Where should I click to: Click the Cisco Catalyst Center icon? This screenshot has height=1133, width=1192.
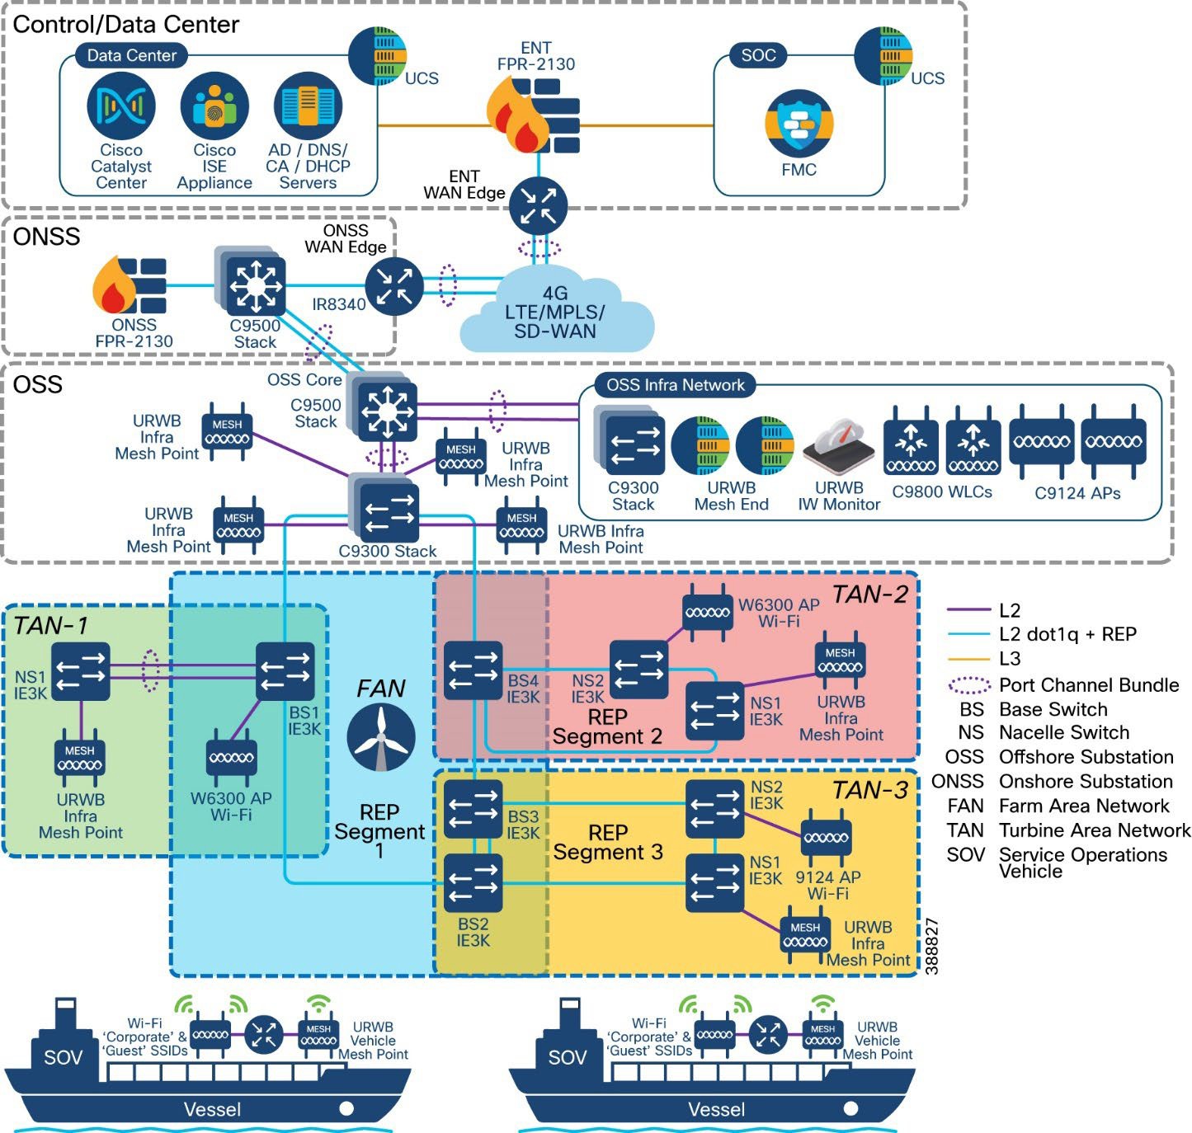coord(121,106)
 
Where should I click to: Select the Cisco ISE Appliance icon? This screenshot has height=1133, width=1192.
coord(214,106)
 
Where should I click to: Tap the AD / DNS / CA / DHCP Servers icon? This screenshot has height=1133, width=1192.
coord(308,106)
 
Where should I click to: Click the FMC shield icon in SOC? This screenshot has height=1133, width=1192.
coord(798,125)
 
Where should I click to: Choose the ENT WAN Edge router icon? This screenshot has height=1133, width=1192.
coord(538,205)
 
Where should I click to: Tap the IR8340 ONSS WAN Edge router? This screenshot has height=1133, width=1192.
coord(394,286)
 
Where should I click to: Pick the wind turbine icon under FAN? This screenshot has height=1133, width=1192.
coord(380,736)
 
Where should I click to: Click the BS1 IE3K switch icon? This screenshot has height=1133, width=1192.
coord(285,671)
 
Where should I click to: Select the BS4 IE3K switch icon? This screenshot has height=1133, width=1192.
coord(473,670)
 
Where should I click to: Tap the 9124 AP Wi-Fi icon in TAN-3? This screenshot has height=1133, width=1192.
coord(826,839)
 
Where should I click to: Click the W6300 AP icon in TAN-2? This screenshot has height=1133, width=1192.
coord(708,612)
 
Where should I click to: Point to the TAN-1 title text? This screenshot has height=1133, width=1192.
coord(50,626)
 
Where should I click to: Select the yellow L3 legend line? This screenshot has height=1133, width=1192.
coord(968,659)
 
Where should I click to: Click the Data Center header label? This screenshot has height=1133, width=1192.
coord(132,55)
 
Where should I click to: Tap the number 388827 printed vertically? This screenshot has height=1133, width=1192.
coord(932,947)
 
